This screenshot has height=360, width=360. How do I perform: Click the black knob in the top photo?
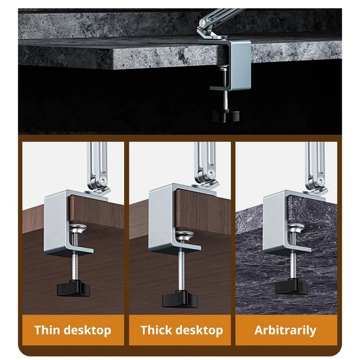(x=226, y=116)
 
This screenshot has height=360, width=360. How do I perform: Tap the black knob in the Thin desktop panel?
(x=73, y=288)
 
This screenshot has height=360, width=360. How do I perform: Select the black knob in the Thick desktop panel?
(x=180, y=298)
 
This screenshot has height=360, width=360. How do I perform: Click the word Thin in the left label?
(x=47, y=330)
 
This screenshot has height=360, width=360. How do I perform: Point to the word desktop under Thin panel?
(x=87, y=331)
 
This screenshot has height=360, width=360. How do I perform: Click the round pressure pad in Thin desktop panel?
(x=79, y=229)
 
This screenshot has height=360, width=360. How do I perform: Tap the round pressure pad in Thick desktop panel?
(x=184, y=236)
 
